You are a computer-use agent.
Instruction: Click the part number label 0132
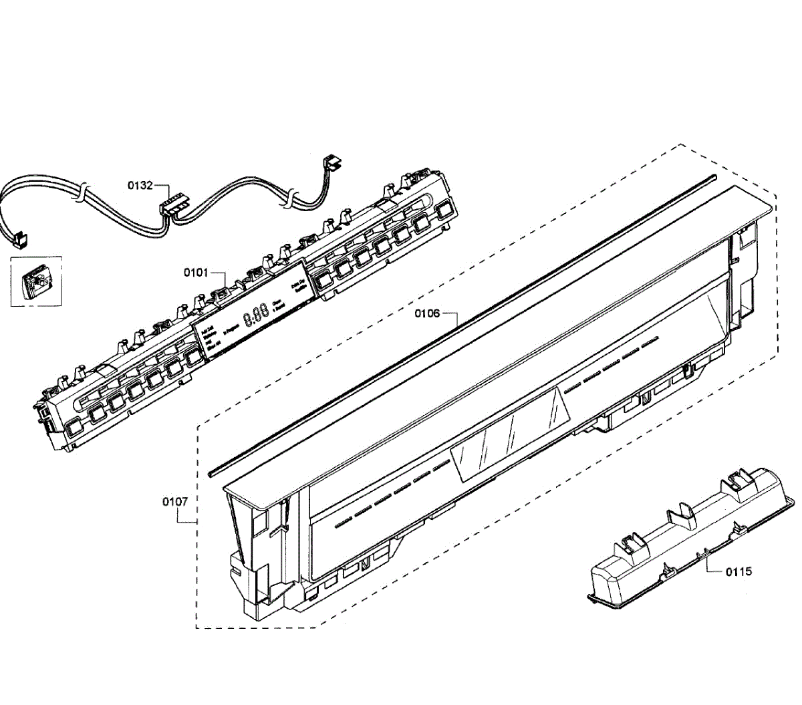click(x=140, y=186)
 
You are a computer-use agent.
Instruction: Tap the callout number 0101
click(x=196, y=273)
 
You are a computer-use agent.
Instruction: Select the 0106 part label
click(x=427, y=313)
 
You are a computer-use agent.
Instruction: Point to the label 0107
click(x=174, y=501)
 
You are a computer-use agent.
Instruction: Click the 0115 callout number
click(x=739, y=571)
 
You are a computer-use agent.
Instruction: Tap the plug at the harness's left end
click(x=21, y=238)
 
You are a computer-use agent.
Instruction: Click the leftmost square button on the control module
click(x=75, y=425)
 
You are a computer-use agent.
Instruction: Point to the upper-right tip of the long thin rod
click(x=712, y=177)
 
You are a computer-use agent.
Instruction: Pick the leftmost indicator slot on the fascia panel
click(x=343, y=522)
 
